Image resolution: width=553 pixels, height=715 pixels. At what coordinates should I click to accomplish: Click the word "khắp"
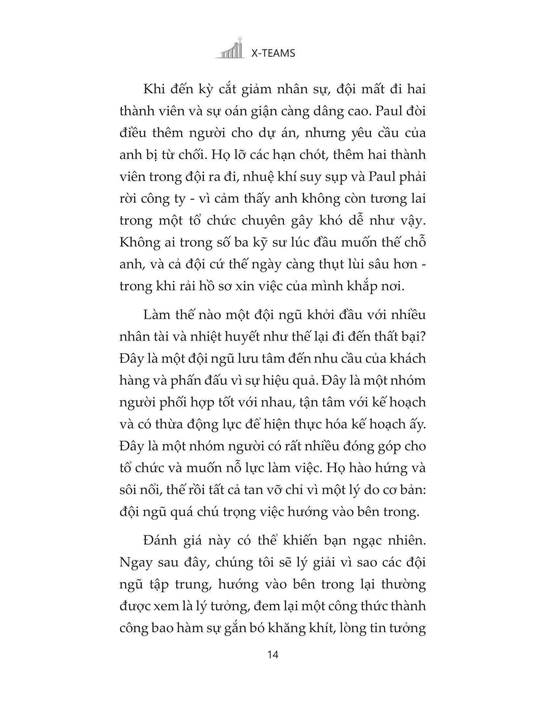367,286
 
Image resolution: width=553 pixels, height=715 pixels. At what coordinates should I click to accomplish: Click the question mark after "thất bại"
423,337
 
